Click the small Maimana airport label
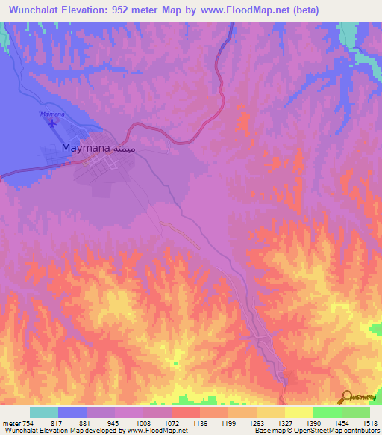51,114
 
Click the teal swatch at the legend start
44,412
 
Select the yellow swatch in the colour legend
298,412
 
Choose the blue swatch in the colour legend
72,412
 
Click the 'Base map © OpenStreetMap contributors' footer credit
316,431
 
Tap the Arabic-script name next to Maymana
125,149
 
